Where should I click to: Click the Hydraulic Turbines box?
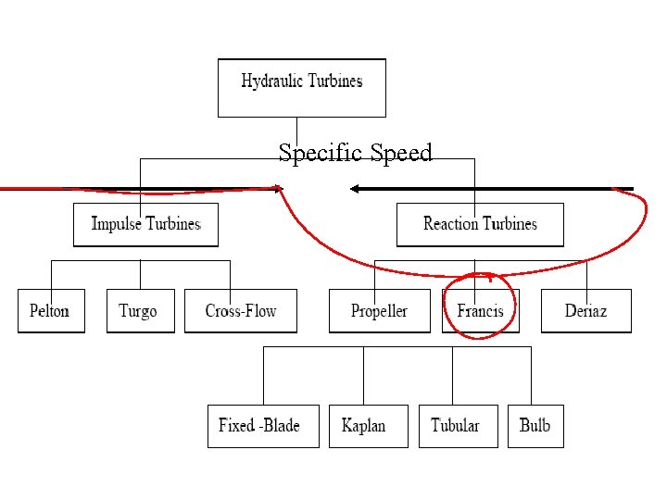coord(301,88)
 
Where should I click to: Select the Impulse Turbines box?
coord(145,224)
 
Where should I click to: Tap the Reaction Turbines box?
coord(479,224)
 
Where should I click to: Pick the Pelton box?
coord(50,311)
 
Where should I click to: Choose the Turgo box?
coord(139,311)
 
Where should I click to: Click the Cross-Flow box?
coord(241,311)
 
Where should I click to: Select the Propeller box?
coord(380,311)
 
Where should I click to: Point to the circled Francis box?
coord(481,311)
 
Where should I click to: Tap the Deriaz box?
coord(585,311)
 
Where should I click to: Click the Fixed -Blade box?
coord(262,426)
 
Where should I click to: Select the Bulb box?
coord(535,426)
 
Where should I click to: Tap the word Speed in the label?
coord(401,153)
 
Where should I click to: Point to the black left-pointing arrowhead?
coord(356,189)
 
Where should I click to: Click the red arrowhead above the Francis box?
coord(489,275)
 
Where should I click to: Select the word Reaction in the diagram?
coord(450,223)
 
